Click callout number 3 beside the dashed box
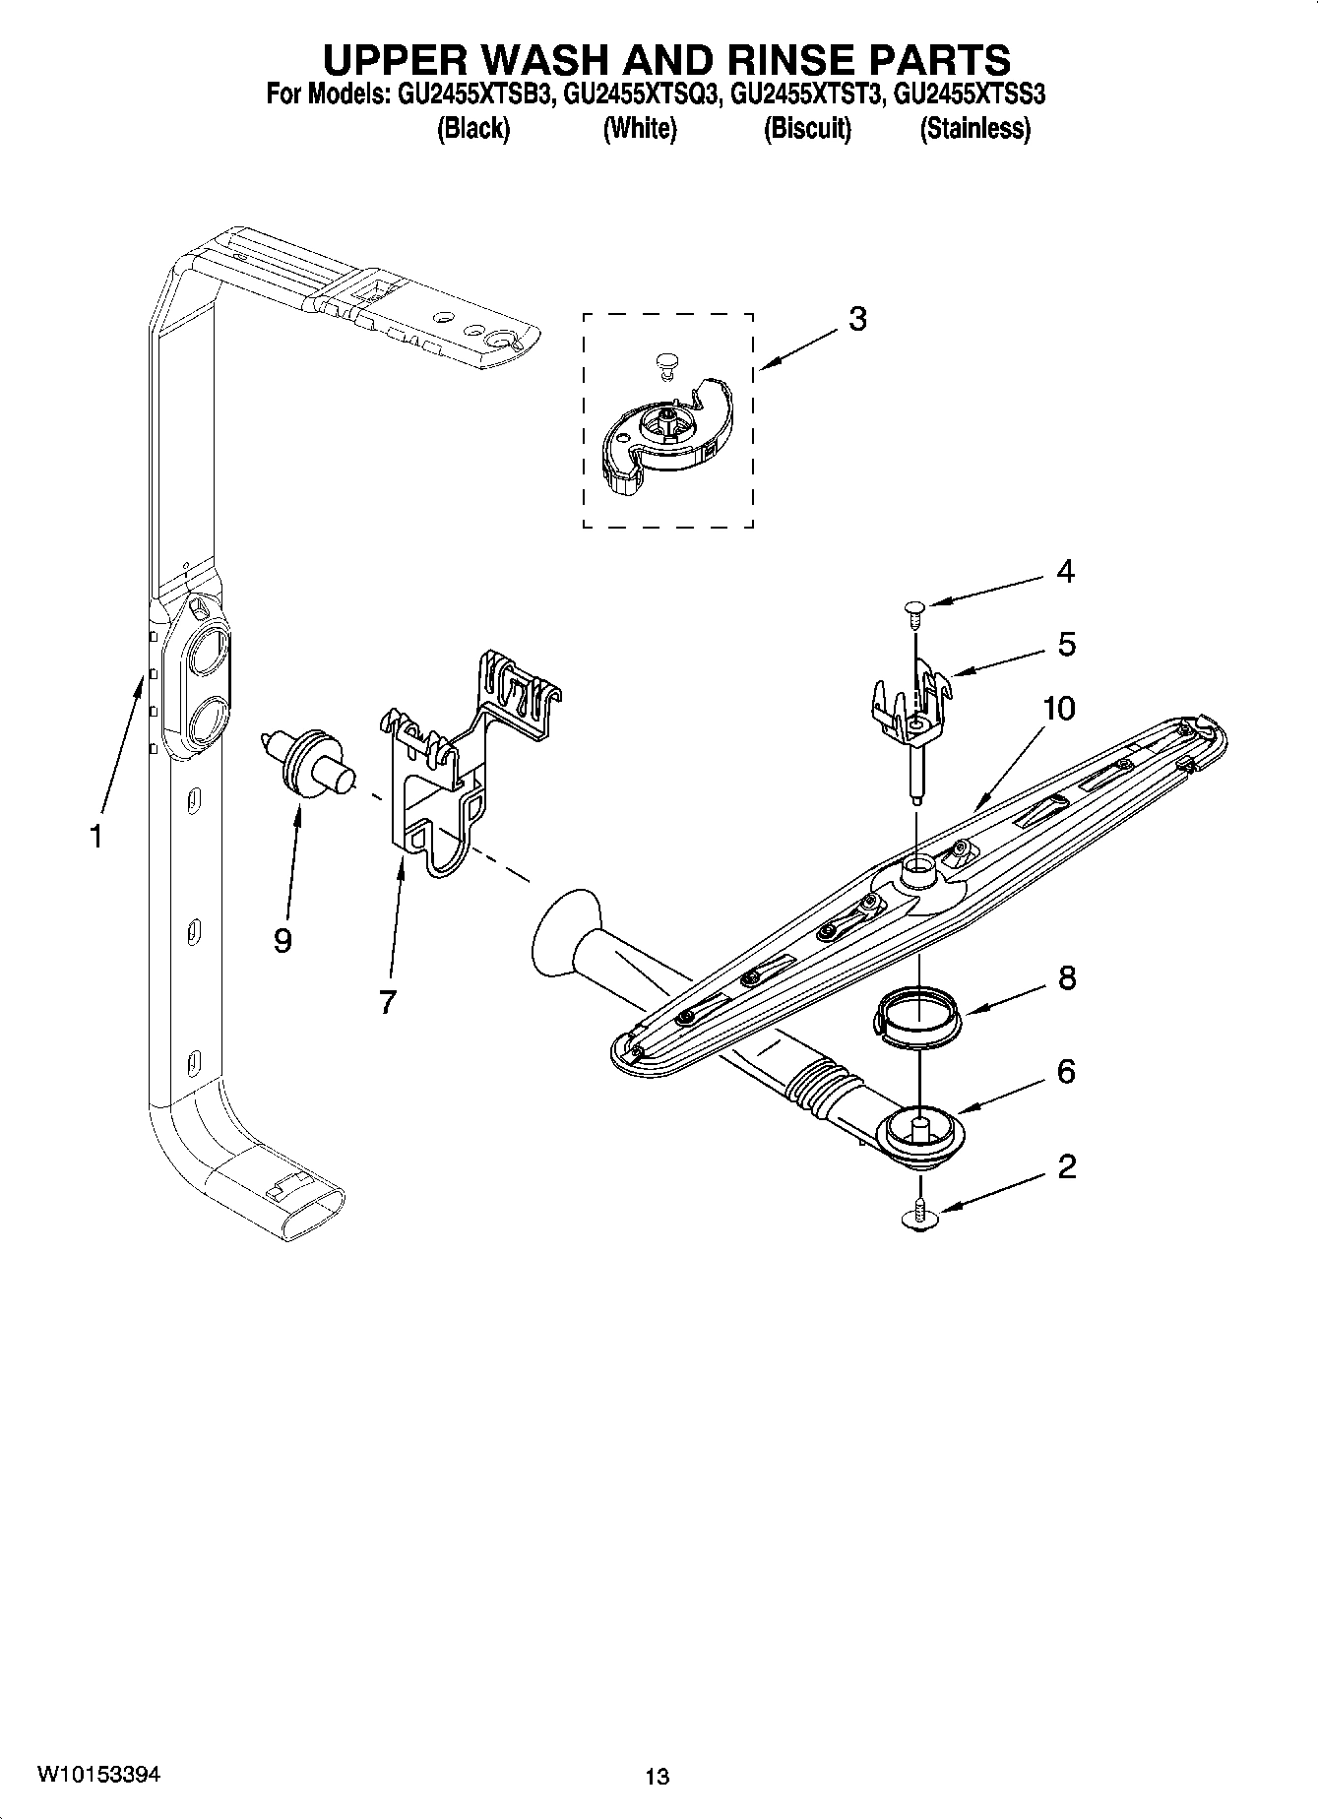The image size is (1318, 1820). coord(857,319)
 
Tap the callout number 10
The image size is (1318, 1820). coord(1058,709)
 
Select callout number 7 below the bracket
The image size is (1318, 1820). coord(387,1002)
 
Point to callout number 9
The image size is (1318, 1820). coord(282,941)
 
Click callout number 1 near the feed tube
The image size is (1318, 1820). coord(95,837)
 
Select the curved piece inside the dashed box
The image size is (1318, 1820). coord(667,433)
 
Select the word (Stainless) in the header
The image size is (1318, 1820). coord(974,128)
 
